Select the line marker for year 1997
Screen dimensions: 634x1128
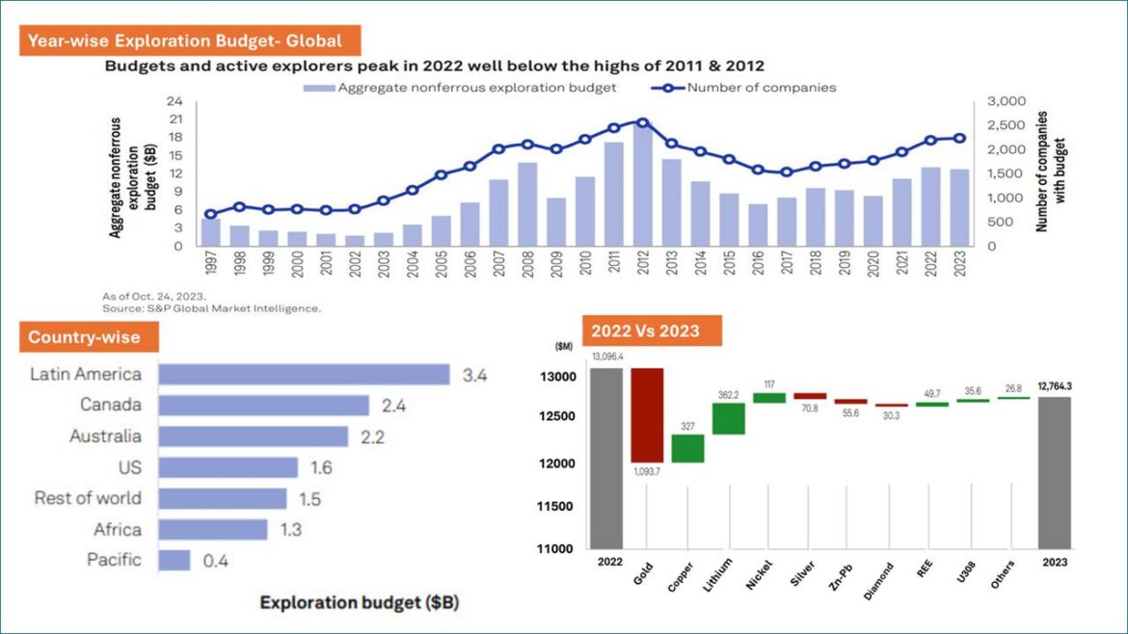(x=211, y=214)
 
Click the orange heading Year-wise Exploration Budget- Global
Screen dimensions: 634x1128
(x=193, y=40)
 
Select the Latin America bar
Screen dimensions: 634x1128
(x=304, y=375)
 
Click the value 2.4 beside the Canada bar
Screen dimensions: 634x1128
(x=393, y=406)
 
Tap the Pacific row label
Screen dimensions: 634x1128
(x=114, y=560)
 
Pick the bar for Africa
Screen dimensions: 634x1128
(x=213, y=529)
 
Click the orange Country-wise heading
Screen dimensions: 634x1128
(x=84, y=337)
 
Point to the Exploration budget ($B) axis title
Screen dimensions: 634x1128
(x=360, y=603)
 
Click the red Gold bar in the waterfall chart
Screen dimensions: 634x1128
(x=647, y=414)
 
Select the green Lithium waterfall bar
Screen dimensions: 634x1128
(x=729, y=418)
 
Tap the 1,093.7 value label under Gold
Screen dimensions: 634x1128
(x=647, y=471)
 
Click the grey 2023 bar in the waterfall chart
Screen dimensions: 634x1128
(x=1055, y=471)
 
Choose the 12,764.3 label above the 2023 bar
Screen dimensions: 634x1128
(x=1055, y=386)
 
